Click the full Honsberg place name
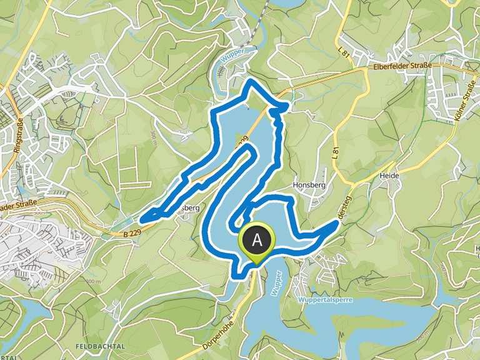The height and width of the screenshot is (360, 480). (x=307, y=186)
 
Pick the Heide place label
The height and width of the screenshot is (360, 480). (x=389, y=176)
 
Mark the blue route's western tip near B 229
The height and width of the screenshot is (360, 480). (x=142, y=219)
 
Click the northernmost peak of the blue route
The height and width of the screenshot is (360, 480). (x=251, y=81)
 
